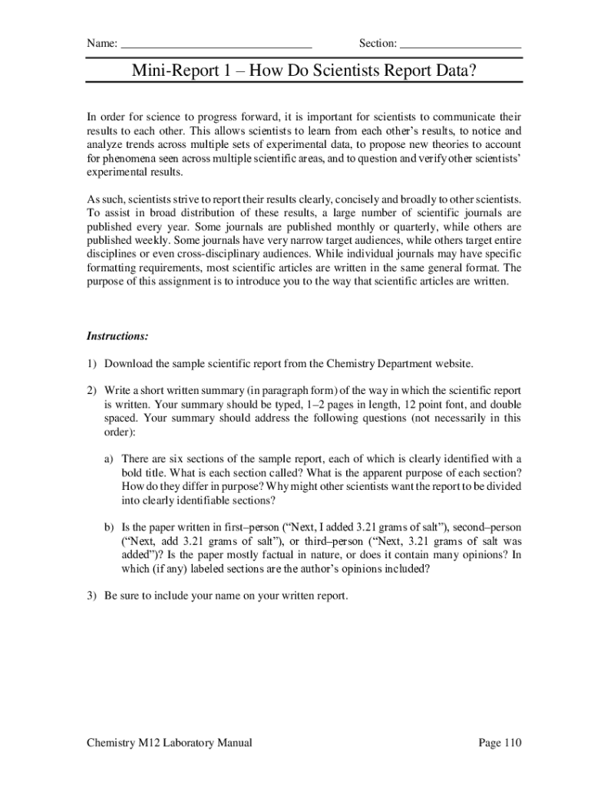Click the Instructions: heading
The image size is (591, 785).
click(117, 336)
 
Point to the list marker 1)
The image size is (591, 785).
click(92, 363)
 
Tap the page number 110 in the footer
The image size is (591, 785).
click(512, 743)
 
